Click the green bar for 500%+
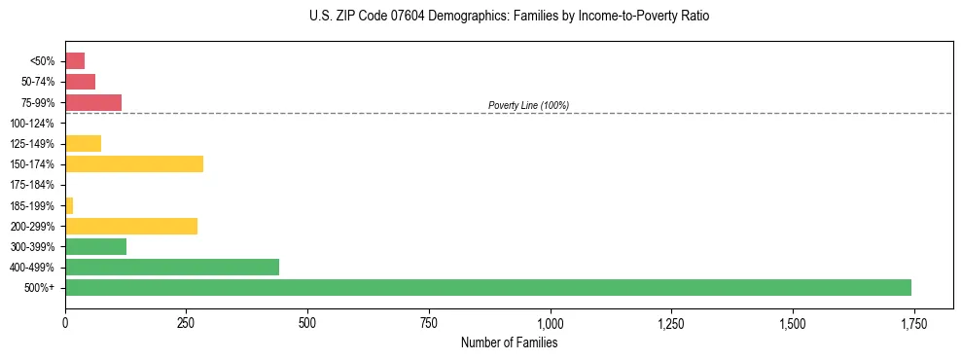[487, 287]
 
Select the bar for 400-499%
[172, 267]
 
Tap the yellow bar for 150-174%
[134, 163]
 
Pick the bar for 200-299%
[131, 226]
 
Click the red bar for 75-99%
[93, 102]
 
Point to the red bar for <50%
[75, 60]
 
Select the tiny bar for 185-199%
[69, 205]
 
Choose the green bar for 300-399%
[95, 246]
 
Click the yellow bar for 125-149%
[83, 143]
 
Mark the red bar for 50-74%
[80, 82]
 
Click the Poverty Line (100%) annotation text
[528, 105]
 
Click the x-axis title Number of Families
[509, 342]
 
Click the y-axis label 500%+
[41, 288]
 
